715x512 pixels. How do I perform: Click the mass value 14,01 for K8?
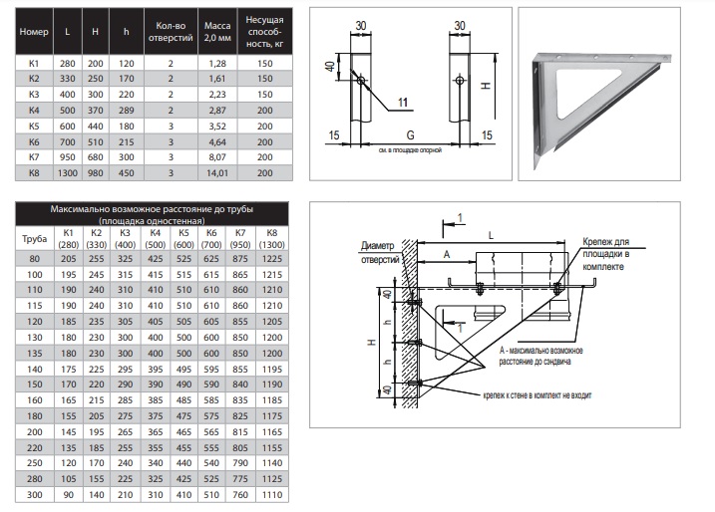(x=217, y=173)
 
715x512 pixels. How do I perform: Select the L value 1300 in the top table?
(x=68, y=173)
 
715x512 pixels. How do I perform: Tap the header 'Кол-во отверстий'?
(x=171, y=32)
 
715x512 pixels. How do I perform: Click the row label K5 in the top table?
(x=34, y=127)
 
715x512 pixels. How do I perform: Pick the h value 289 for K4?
(x=127, y=111)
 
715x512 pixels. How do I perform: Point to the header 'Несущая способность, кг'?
(x=265, y=32)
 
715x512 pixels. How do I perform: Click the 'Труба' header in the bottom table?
(x=35, y=239)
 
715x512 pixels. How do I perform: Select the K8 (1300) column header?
(x=272, y=239)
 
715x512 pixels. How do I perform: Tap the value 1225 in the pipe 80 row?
(x=272, y=259)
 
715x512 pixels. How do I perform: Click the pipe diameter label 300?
(x=35, y=495)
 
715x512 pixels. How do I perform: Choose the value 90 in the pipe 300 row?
(x=69, y=495)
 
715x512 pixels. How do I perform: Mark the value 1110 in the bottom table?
(x=272, y=495)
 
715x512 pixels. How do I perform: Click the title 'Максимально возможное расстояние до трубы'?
(x=152, y=209)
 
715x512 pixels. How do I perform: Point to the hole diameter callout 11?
(x=403, y=103)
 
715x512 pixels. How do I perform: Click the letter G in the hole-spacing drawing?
(x=411, y=135)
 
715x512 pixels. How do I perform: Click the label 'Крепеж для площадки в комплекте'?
(x=606, y=254)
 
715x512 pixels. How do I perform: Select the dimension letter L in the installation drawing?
(x=491, y=235)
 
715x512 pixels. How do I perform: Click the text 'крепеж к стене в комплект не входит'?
(x=537, y=395)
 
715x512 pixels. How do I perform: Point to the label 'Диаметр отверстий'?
(x=379, y=253)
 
